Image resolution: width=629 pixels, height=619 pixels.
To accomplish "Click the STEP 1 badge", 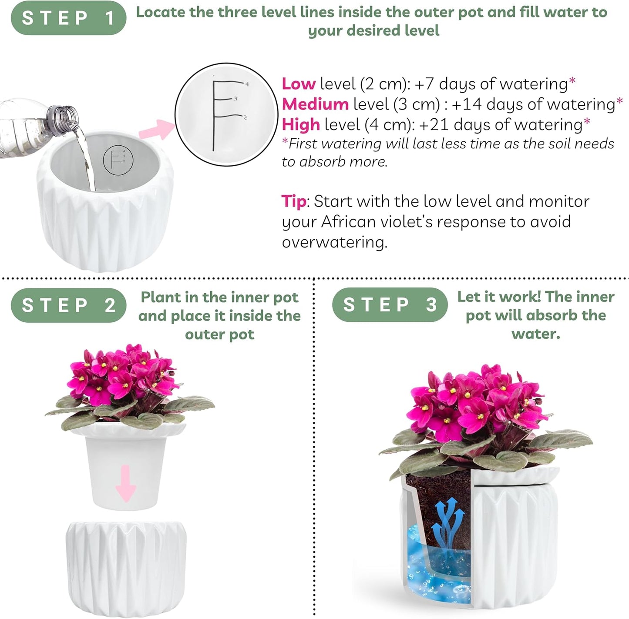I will (x=68, y=18).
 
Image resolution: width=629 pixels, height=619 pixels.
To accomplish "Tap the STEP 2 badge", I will (x=68, y=305).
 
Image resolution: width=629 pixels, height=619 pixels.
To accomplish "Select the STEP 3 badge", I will (x=390, y=304).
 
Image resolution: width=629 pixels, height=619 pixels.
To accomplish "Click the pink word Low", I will (x=299, y=84).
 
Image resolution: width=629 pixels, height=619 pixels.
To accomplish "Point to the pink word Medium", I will (x=315, y=104).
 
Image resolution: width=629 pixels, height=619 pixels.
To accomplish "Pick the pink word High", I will (x=301, y=124).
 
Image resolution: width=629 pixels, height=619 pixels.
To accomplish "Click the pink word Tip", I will (x=294, y=201).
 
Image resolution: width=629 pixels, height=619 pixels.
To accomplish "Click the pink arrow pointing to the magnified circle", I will (x=156, y=129).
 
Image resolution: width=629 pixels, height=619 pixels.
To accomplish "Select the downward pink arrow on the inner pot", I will (x=126, y=482).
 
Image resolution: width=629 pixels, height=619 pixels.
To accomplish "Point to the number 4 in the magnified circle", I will (x=247, y=84).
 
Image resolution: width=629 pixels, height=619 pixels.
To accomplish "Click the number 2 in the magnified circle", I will (x=245, y=117).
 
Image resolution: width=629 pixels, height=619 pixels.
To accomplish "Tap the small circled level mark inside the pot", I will (x=118, y=160).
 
